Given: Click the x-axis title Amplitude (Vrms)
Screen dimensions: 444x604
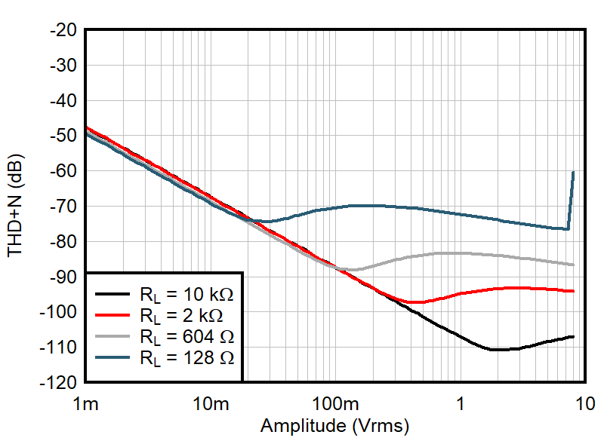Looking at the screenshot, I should coord(334,426).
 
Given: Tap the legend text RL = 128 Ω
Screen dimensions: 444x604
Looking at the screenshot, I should coord(186,358).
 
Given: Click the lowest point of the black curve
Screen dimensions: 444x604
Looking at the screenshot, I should coord(497,350).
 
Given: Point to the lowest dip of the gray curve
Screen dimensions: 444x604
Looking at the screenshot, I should coord(352,269).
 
